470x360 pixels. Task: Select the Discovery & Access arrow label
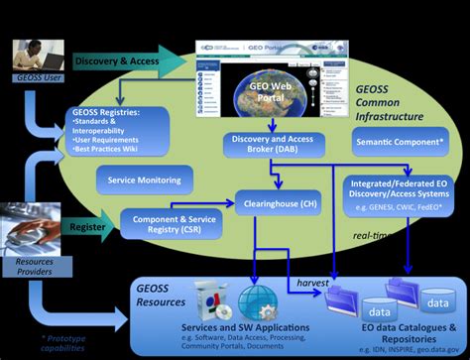tap(117, 62)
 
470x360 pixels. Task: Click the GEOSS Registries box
tap(123, 125)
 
